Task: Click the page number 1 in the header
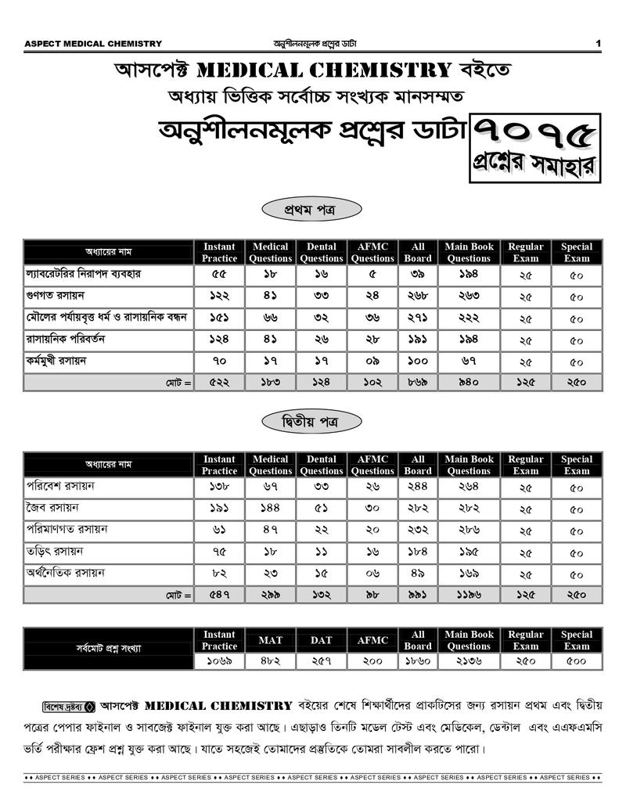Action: pos(598,43)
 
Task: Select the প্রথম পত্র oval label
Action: pos(311,209)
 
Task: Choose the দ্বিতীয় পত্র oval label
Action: pos(311,422)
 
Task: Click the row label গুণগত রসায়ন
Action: pos(56,297)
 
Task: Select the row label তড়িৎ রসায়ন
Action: pos(54,552)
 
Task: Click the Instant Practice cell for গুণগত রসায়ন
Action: pos(219,297)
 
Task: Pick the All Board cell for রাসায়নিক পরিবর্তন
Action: pos(417,340)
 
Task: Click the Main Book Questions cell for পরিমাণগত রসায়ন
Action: pos(469,531)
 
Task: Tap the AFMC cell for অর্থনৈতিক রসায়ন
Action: pos(372,574)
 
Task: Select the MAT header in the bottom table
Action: pos(270,640)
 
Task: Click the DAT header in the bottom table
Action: pos(321,640)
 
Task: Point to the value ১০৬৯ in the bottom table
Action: pos(219,661)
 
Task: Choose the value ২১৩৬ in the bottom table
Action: pos(469,661)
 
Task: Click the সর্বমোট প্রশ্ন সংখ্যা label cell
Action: pos(109,649)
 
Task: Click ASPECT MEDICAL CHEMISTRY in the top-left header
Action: pos(94,44)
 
